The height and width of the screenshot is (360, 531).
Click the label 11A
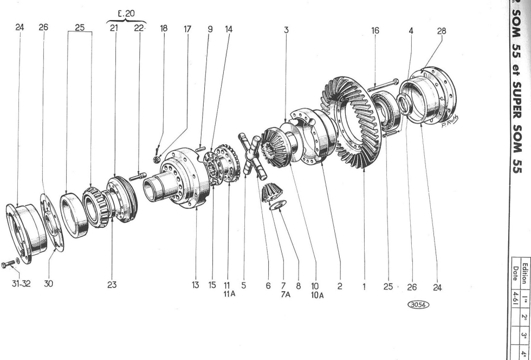coord(230,292)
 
